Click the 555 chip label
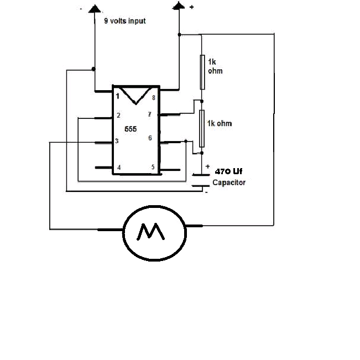pyautogui.click(x=131, y=129)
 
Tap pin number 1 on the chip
pyautogui.click(x=118, y=96)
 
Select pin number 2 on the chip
pyautogui.click(x=118, y=115)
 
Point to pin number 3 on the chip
pyautogui.click(x=117, y=141)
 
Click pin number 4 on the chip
pyautogui.click(x=119, y=168)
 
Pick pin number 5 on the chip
pyautogui.click(x=153, y=167)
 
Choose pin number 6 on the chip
pyautogui.click(x=150, y=138)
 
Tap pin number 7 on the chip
pyautogui.click(x=150, y=114)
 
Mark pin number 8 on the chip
pyautogui.click(x=154, y=98)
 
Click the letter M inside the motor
pyautogui.click(x=150, y=231)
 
